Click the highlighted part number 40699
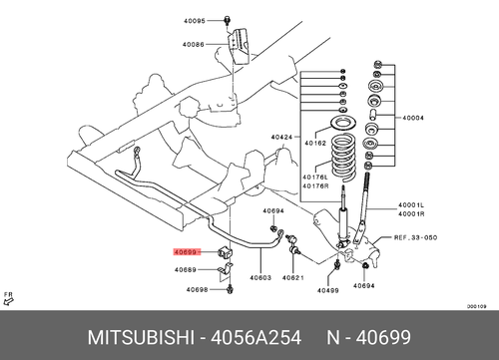tap(186, 252)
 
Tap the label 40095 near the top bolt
tap(195, 21)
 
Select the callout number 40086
tap(194, 44)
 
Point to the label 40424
tap(281, 137)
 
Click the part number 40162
tap(315, 144)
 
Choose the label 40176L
tap(315, 178)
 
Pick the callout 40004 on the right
tap(413, 118)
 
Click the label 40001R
tap(411, 214)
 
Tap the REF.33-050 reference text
tap(415, 237)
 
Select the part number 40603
tap(260, 277)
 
